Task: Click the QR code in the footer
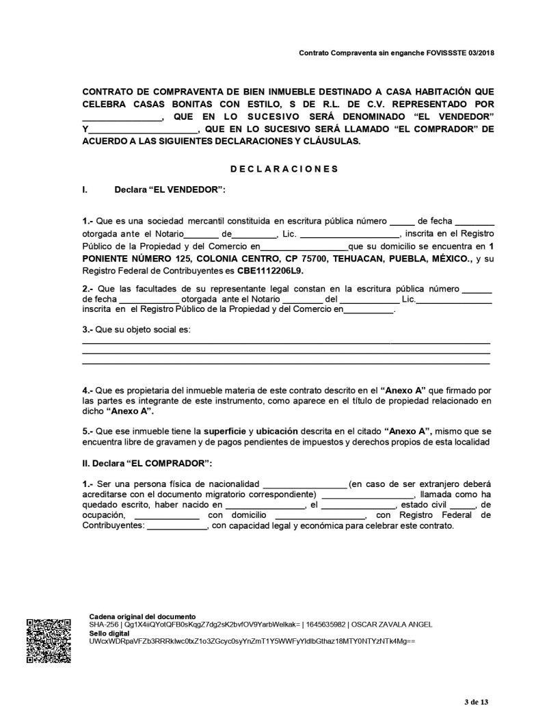click(47, 640)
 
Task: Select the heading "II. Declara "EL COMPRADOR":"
click(147, 464)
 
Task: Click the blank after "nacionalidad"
click(304, 484)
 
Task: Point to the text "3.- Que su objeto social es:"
click(137, 330)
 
